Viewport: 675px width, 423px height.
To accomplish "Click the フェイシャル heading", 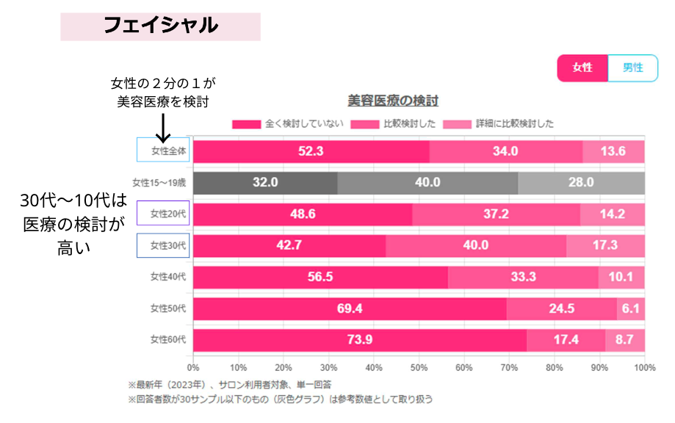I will (x=160, y=26).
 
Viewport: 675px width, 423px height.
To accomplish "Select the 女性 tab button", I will (x=582, y=68).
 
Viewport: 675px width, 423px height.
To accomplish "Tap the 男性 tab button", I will (x=632, y=68).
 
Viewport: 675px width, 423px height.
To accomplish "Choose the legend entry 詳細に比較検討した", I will (x=506, y=124).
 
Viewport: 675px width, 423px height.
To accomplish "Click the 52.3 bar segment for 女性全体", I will (x=311, y=151).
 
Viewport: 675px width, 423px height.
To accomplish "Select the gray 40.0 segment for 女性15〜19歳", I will (x=427, y=183).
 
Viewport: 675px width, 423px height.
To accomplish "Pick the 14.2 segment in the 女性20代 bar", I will (x=612, y=214).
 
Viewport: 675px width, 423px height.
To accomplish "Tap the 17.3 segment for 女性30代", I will (x=605, y=246).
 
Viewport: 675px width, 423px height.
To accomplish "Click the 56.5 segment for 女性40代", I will (x=320, y=277).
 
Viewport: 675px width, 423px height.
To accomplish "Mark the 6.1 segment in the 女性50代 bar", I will (x=630, y=308).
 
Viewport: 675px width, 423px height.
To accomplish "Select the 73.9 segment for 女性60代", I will (x=360, y=340).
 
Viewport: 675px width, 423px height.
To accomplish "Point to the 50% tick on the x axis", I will (x=419, y=367).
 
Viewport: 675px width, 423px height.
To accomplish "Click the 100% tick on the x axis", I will (x=643, y=367).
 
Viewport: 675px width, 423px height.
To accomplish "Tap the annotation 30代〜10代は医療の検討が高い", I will (x=73, y=225).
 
